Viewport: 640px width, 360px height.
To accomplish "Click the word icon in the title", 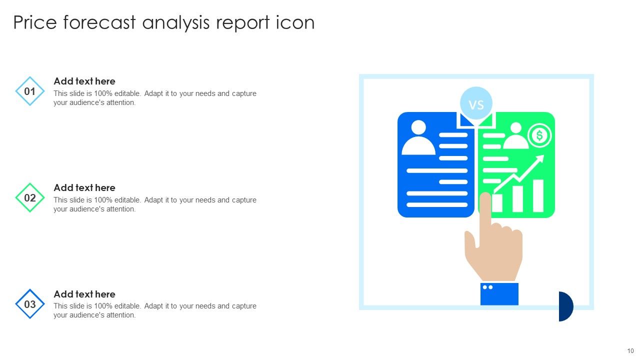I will coord(295,23).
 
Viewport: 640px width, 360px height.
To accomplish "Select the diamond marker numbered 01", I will coord(30,91).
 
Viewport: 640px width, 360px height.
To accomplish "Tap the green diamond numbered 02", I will coord(30,198).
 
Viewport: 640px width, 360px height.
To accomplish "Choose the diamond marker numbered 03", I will coord(30,304).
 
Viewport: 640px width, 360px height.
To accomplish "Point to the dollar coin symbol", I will coord(539,135).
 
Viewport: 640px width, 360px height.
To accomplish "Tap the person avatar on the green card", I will coord(515,136).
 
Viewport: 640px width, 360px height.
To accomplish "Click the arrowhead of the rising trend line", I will coord(540,159).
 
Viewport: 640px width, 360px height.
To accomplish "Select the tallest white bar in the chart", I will coord(538,195).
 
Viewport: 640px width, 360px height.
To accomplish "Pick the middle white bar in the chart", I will coord(517,199).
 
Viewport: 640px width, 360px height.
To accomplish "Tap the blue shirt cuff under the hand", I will coord(499,294).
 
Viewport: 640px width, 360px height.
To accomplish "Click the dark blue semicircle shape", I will coord(565,306).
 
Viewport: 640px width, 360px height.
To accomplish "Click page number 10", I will coord(630,351).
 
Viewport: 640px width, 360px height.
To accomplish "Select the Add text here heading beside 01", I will coord(84,81).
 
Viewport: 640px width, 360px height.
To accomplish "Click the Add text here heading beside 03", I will coord(84,294).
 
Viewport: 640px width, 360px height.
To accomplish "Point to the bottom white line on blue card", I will coord(437,204).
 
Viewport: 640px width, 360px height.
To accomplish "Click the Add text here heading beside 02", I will coord(84,187).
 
